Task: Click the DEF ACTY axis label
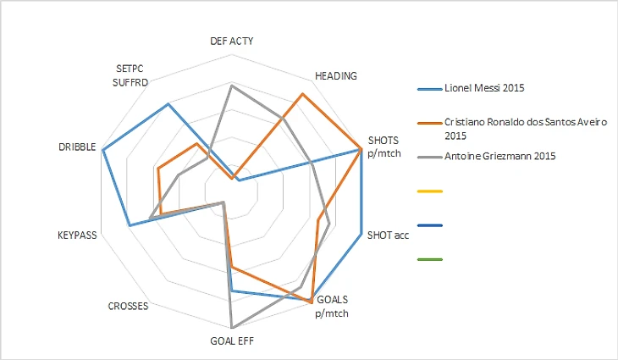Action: (231, 42)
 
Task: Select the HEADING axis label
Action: (335, 75)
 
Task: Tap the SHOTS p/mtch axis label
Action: (383, 147)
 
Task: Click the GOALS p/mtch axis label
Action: (331, 307)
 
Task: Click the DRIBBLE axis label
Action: (76, 147)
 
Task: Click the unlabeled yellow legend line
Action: (430, 191)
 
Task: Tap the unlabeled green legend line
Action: (430, 259)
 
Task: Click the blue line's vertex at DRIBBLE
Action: (102, 151)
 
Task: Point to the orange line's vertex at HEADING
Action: (301, 95)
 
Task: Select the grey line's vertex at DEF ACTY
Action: (231, 85)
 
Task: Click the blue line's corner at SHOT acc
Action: (361, 235)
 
